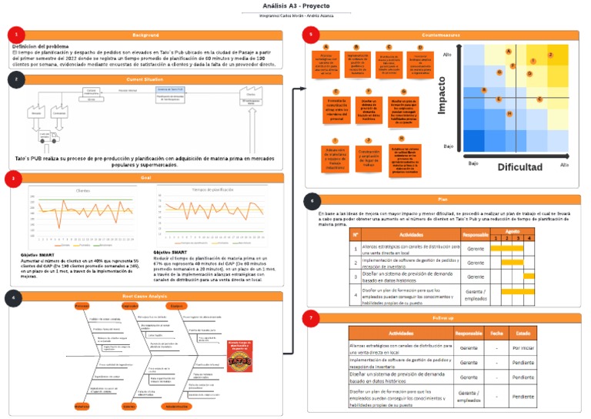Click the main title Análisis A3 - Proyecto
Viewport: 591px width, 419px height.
295,5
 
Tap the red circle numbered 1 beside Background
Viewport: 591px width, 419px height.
15,35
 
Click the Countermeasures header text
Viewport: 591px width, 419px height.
442,35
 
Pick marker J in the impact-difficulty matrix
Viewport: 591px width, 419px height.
550,55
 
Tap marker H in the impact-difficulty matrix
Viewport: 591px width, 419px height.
509,113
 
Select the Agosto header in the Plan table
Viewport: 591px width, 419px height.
513,230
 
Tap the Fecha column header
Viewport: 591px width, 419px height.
496,334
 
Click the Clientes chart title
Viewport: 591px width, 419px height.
82,189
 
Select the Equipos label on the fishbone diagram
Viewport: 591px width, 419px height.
178,306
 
